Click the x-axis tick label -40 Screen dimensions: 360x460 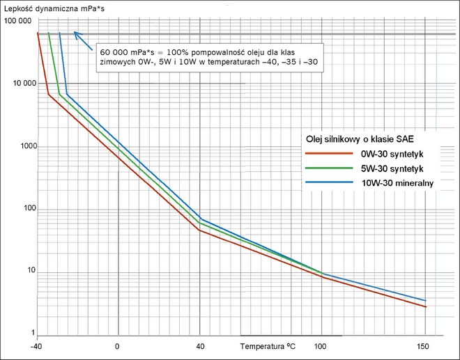pyautogui.click(x=36, y=346)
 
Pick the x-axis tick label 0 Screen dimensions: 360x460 pyautogui.click(x=117, y=346)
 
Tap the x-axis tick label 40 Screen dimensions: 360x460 pyautogui.click(x=200, y=346)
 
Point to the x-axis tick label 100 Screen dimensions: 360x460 pyautogui.click(x=321, y=346)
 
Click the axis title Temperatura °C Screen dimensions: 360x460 pyautogui.click(x=273, y=346)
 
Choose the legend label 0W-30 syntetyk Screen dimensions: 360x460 pyautogui.click(x=392, y=153)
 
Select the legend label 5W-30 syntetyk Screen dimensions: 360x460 pyautogui.click(x=392, y=169)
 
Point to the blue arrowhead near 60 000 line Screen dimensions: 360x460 pyautogui.click(x=77, y=34)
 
